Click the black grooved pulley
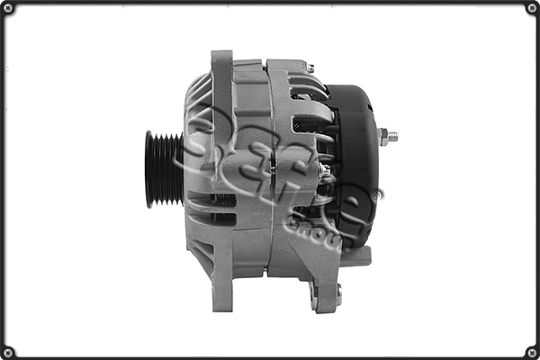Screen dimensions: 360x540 [163, 169]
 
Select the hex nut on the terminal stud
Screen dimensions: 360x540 [382, 138]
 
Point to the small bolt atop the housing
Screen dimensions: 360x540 [310, 67]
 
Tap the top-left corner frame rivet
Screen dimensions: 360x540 [8, 8]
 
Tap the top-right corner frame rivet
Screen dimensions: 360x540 [531, 8]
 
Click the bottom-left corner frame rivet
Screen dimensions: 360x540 [8, 351]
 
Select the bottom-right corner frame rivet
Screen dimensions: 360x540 [531, 351]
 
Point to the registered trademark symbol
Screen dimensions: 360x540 [379, 192]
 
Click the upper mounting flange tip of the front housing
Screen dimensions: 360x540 [221, 58]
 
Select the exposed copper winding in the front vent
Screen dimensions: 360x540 [221, 199]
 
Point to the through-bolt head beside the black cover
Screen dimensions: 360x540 [326, 171]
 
